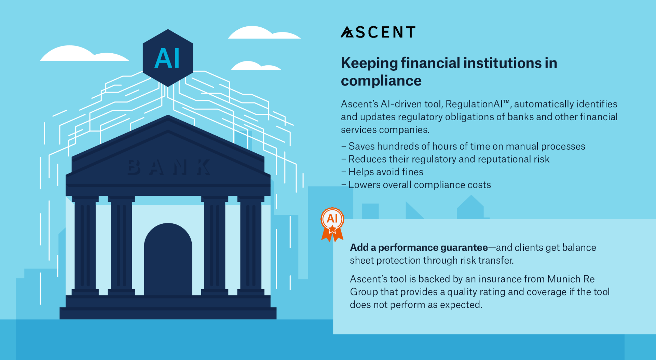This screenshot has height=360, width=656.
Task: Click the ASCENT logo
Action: click(x=378, y=32)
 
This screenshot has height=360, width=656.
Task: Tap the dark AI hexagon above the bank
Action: click(x=168, y=58)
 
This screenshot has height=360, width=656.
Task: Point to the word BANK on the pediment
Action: click(x=169, y=167)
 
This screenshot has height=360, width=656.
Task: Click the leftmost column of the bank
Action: click(x=85, y=245)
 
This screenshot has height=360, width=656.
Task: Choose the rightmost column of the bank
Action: click(x=251, y=245)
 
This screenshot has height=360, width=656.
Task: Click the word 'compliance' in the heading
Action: click(x=381, y=81)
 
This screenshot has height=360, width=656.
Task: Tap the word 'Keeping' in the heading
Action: click(x=369, y=64)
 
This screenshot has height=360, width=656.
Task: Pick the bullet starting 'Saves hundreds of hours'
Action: click(x=463, y=146)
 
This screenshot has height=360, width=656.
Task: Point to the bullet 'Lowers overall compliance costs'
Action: click(x=416, y=185)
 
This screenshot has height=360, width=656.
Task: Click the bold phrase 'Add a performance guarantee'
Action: click(x=419, y=248)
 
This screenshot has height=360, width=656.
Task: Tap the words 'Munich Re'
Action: click(x=571, y=279)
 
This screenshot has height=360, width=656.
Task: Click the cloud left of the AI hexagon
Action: click(x=84, y=54)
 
